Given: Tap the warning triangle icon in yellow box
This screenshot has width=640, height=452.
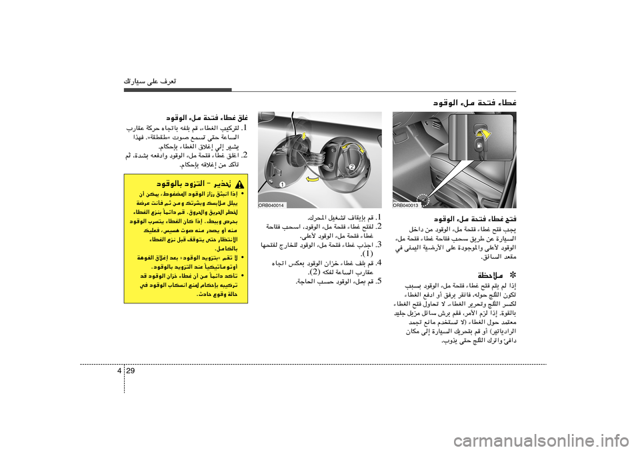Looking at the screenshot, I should (238, 182).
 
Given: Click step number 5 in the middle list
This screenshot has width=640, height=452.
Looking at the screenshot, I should (378, 281).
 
